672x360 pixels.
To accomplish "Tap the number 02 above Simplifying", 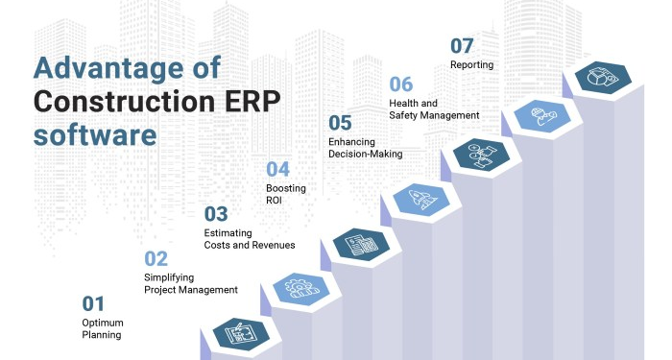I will (156, 258).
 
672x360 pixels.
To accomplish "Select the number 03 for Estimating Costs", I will (216, 213).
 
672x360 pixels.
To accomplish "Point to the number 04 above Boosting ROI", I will (277, 168).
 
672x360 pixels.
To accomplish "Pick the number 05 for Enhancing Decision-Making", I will (340, 123).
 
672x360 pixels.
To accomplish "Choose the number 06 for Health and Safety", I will (401, 84).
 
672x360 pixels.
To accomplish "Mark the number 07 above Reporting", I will (463, 45).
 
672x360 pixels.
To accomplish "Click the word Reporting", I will (471, 65).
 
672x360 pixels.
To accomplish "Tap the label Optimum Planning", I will (103, 329).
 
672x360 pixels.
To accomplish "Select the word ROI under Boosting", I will (275, 201).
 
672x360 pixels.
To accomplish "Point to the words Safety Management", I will (434, 115).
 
